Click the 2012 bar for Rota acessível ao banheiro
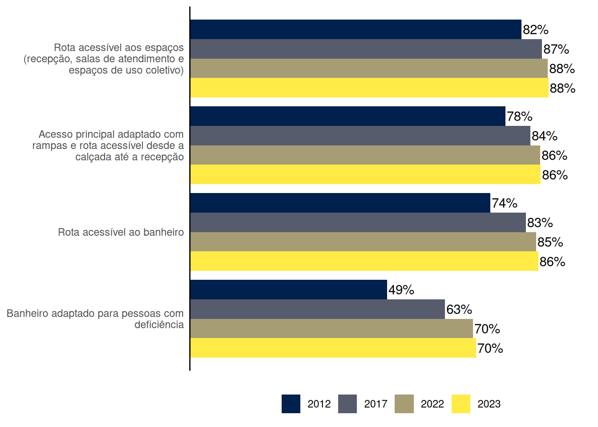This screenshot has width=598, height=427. pos(340,203)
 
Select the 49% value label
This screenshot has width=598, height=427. pos(401,290)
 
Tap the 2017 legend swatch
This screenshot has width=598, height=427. pos(347,404)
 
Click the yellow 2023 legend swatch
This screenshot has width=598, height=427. pos(461,404)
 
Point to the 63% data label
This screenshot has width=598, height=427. pos(459,310)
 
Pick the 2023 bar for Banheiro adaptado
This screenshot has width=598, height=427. pos(333,348)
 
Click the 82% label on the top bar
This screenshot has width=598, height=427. pos(536,30)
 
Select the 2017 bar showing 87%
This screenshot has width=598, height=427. pos(366,49)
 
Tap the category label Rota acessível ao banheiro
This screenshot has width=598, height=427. pos(121,232)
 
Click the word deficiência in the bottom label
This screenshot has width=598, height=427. pos(159,325)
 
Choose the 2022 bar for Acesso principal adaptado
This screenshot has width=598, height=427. pos(365,155)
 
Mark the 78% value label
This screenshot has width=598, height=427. pos(520,117)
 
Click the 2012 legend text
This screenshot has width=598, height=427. pos(319,404)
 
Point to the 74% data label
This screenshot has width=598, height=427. pos(505,203)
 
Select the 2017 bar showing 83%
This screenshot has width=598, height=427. pos(358,222)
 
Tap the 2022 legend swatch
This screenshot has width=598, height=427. pos(404,404)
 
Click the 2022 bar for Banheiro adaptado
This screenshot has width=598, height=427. pos(331,329)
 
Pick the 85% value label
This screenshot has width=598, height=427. pos(550,242)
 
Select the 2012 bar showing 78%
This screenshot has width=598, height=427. pos(347,116)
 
